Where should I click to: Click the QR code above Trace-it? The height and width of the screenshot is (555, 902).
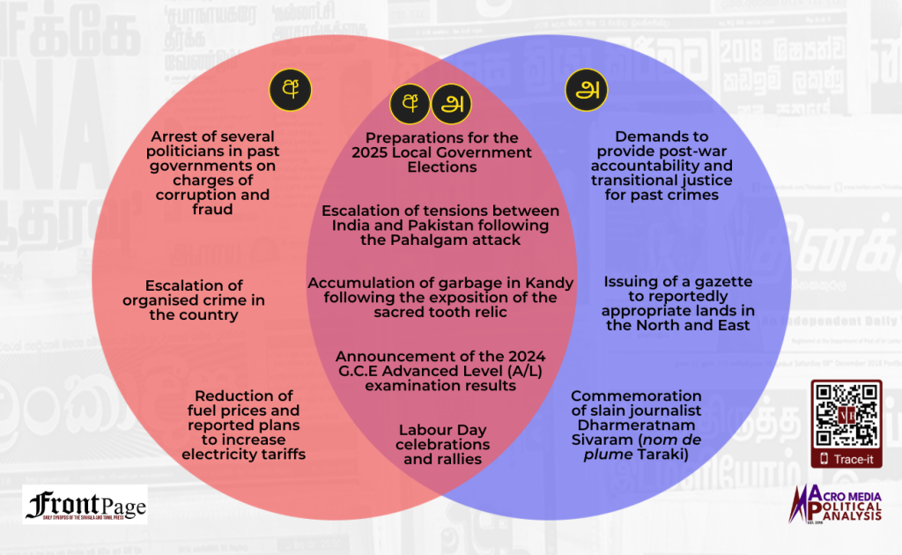846,414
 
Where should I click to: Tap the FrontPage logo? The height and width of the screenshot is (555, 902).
85,505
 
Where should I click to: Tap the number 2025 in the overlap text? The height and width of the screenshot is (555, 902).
373,152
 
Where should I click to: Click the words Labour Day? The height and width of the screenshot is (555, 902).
442,430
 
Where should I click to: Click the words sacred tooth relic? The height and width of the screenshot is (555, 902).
440,313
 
